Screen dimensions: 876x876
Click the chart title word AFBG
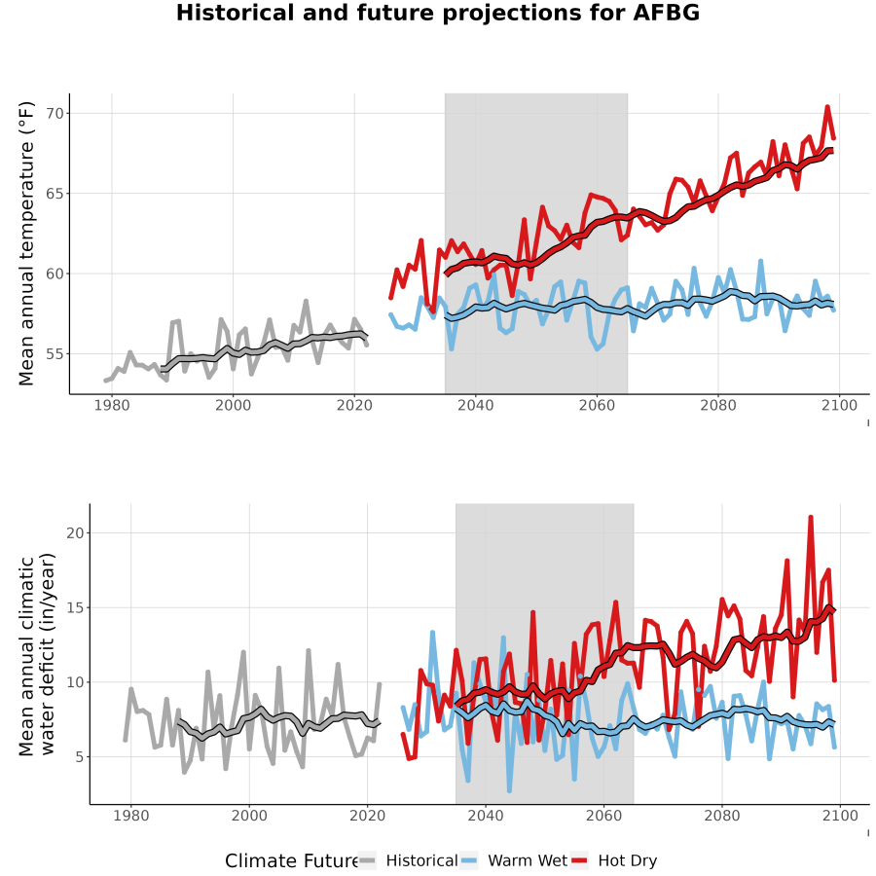666,13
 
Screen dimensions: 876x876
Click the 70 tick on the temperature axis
55,114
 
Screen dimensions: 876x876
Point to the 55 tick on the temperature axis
55,354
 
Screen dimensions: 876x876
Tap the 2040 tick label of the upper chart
475,405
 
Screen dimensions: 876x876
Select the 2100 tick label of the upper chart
839,405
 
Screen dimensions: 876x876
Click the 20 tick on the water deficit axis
75,533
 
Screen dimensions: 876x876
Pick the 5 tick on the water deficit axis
80,757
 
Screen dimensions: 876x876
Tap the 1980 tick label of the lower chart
131,816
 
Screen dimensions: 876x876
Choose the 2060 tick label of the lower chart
603,816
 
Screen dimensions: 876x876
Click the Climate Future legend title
291,861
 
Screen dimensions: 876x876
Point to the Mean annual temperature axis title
26,243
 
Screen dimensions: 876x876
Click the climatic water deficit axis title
37,654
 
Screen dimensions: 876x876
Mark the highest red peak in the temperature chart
827,106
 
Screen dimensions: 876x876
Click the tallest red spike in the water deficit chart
811,517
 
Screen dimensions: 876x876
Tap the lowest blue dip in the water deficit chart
509,790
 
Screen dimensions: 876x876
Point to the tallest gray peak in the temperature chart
306,301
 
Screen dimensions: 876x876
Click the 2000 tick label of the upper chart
233,405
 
